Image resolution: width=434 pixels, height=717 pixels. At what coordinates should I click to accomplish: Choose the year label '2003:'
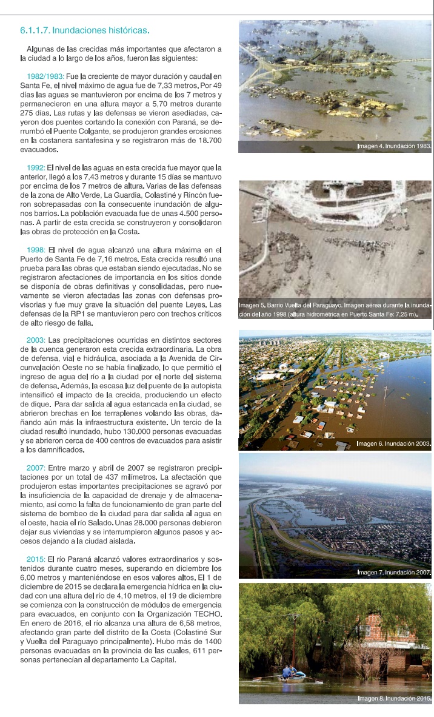(x=37, y=340)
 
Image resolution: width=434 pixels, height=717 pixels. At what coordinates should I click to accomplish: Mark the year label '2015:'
(x=37, y=559)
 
